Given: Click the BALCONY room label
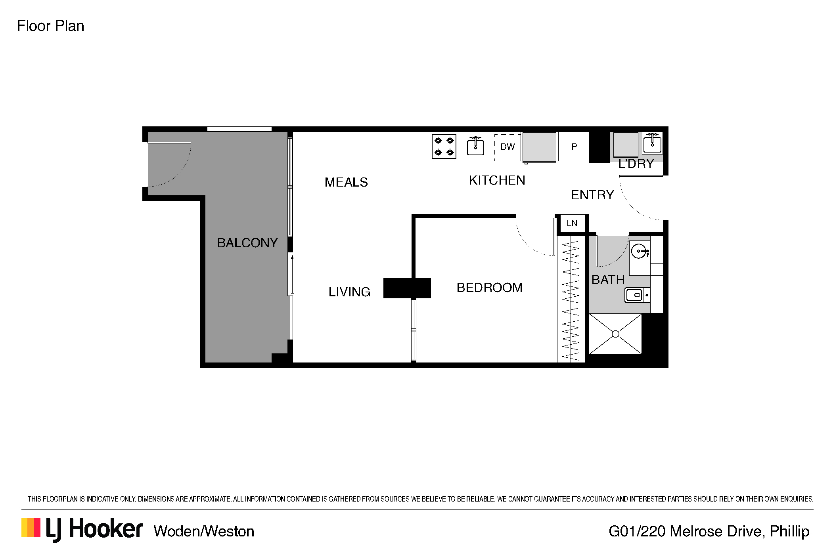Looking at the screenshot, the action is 247,242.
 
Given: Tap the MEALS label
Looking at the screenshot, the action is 346,182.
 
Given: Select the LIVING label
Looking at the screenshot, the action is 349,292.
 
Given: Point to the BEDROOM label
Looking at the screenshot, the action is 489,288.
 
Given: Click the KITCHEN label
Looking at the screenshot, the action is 497,180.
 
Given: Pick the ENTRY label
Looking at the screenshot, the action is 592,195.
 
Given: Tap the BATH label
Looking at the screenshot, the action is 608,280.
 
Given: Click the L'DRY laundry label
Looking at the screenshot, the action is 636,163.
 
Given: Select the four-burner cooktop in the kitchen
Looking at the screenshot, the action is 444,147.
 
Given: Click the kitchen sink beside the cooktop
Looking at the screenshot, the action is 475,146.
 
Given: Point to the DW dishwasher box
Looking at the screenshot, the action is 508,147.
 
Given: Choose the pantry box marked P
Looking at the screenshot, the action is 573,147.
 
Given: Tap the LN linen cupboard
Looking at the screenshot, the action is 572,223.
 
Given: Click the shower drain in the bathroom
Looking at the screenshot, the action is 615,334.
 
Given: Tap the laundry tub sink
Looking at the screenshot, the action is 652,143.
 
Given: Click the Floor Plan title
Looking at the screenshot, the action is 50,26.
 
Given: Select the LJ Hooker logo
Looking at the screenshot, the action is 82,530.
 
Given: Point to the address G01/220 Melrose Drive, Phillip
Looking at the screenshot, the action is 709,531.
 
